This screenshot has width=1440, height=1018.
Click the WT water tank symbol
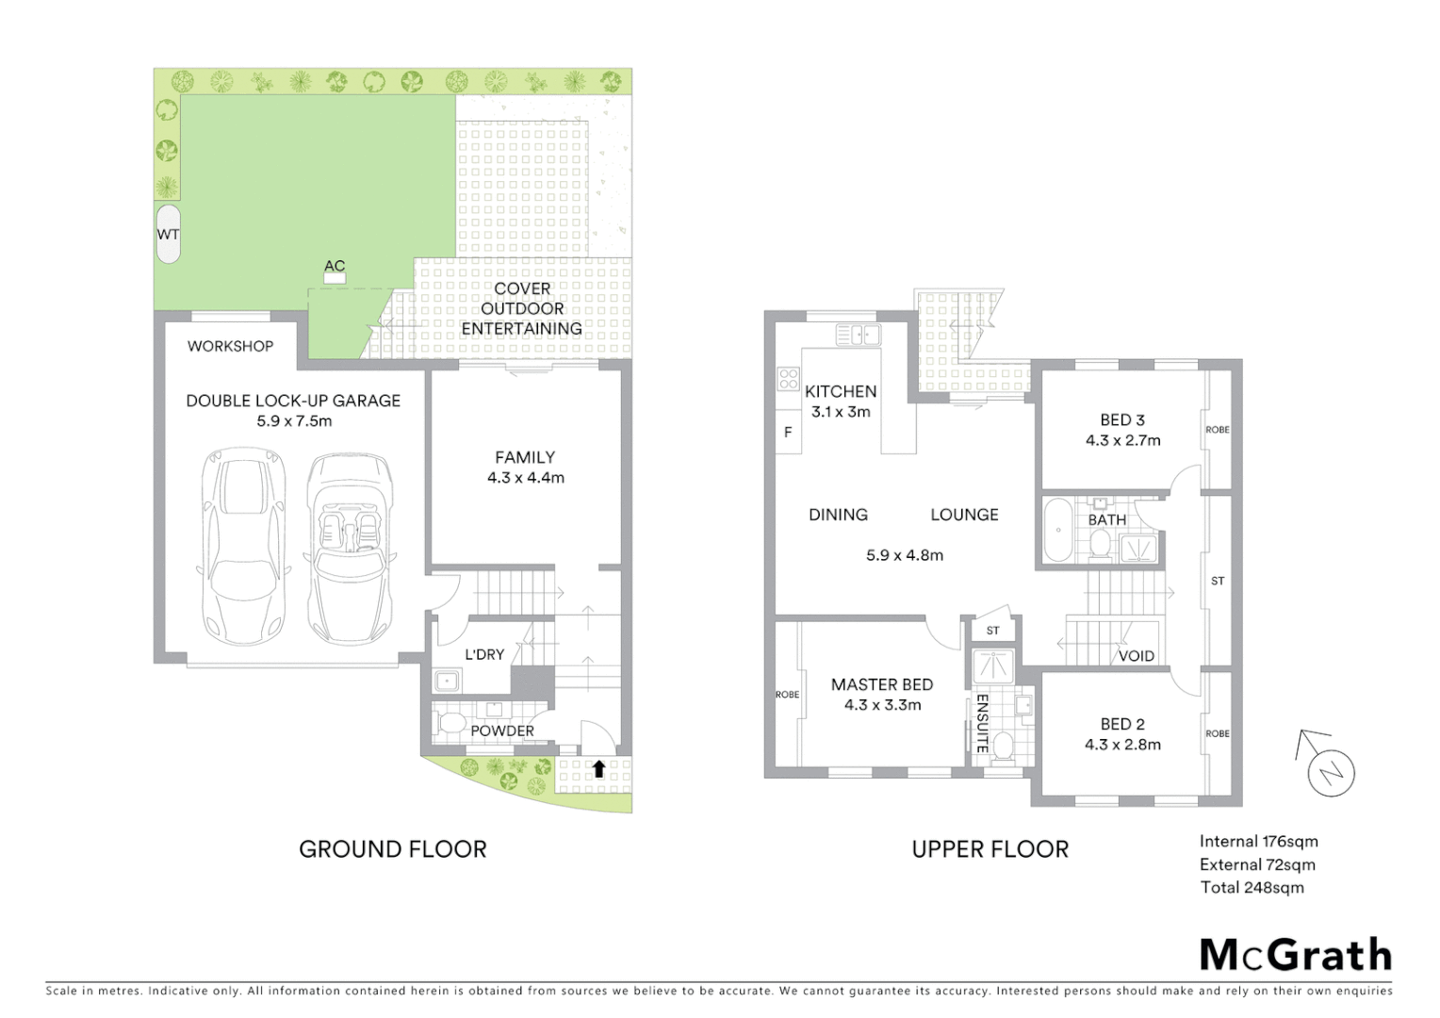(168, 234)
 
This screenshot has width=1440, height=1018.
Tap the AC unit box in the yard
(335, 279)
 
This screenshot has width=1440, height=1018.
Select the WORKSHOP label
(230, 346)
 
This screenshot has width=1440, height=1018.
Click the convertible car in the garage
(348, 549)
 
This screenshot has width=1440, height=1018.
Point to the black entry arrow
(598, 768)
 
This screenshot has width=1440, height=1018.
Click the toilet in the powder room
(451, 725)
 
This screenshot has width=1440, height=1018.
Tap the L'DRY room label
(484, 654)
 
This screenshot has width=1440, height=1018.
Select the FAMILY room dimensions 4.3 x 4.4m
(526, 478)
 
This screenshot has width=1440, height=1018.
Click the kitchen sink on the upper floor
(858, 335)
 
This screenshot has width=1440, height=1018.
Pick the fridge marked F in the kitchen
(788, 433)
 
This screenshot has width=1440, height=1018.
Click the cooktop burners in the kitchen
(788, 379)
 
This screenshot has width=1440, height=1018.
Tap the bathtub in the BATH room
(1058, 532)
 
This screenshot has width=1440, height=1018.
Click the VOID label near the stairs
(1136, 656)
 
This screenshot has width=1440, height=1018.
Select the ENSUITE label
(981, 723)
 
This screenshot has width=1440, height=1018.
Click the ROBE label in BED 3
(1218, 430)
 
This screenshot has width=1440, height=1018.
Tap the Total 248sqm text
(1252, 887)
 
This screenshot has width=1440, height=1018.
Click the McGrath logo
(1296, 955)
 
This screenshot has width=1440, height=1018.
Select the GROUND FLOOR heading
(393, 849)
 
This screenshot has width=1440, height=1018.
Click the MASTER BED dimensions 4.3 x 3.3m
(883, 705)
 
